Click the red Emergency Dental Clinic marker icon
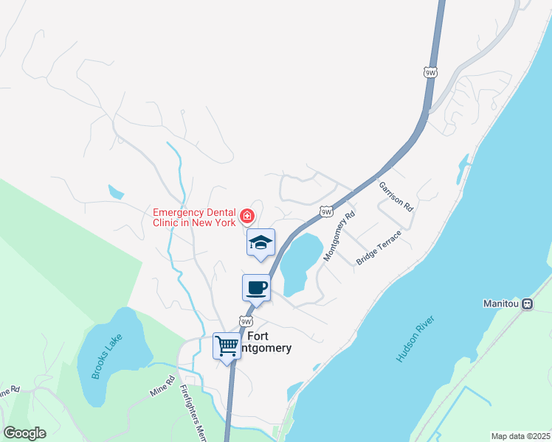click(247, 217)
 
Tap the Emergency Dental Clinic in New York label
click(194, 217)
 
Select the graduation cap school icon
click(260, 242)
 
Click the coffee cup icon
click(256, 287)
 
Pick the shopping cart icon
click(227, 345)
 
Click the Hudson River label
click(416, 340)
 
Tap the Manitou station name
click(501, 304)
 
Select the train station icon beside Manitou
click(528, 304)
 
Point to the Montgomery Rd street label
click(339, 235)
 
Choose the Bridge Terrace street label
click(378, 248)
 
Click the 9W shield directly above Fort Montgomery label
click(246, 322)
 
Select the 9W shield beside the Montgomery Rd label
click(327, 212)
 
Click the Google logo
click(24, 433)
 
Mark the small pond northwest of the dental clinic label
click(116, 192)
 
